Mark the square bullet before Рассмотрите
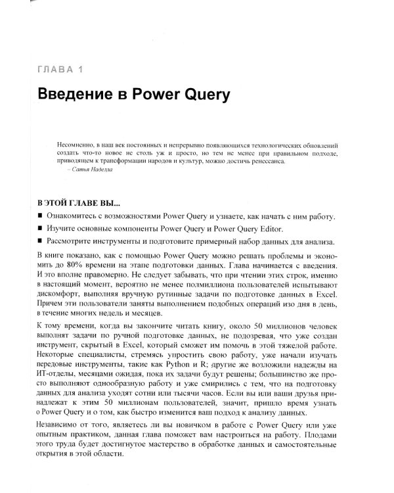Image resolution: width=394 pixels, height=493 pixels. (x=41, y=242)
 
